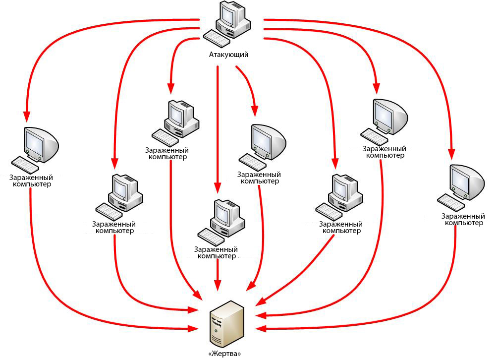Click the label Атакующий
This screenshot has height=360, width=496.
click(229, 55)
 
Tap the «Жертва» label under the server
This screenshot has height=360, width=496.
click(224, 354)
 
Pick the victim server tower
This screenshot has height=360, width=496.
click(227, 323)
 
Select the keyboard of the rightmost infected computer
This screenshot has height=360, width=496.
click(451, 203)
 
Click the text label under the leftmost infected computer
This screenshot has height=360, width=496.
click(31, 181)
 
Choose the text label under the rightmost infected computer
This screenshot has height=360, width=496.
click(463, 219)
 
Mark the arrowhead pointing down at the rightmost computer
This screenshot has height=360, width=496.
click(452, 153)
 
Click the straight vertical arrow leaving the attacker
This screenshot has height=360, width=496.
click(218, 129)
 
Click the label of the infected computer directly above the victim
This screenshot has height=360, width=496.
click(216, 253)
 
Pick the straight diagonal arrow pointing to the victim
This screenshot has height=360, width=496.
click(295, 270)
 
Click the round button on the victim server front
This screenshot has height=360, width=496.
click(216, 331)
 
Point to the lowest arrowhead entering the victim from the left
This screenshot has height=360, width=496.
click(193, 329)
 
